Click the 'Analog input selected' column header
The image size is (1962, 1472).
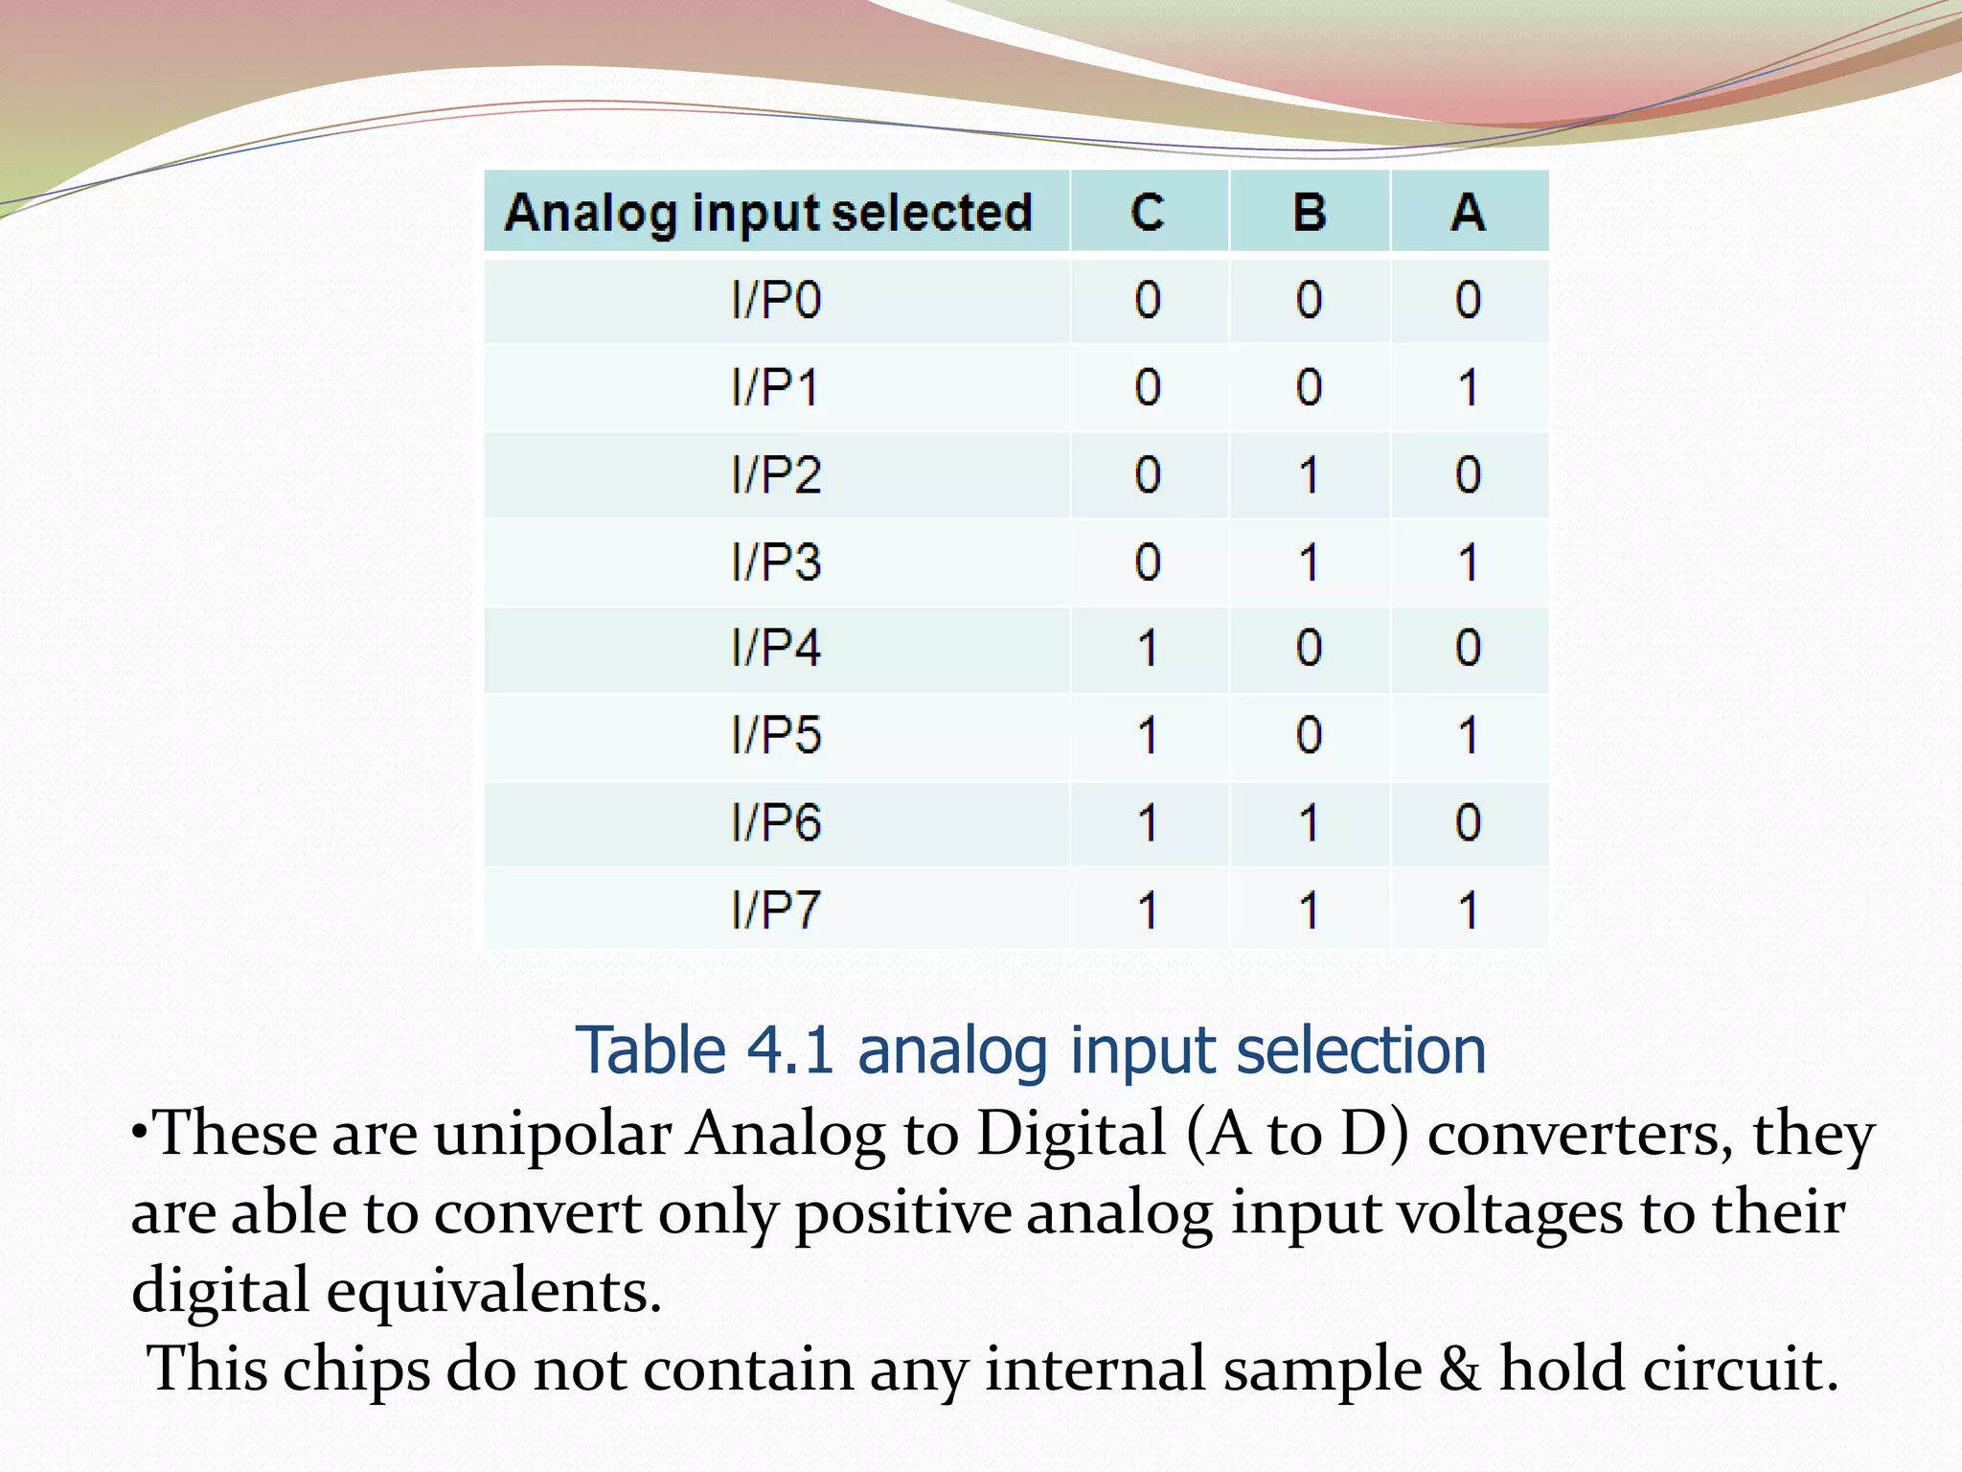(x=768, y=212)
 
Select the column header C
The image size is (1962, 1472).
(x=1148, y=212)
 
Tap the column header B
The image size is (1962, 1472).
(x=1310, y=212)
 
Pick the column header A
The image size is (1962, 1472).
(x=1468, y=212)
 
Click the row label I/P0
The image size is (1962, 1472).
(x=776, y=301)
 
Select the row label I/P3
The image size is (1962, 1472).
(x=776, y=563)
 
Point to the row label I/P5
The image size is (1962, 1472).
(x=776, y=736)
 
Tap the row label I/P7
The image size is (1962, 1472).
(x=776, y=910)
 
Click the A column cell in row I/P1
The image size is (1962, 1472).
(x=1468, y=388)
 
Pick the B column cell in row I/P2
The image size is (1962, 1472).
(x=1310, y=475)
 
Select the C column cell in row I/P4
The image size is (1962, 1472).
(x=1148, y=649)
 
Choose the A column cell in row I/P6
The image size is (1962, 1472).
(x=1468, y=823)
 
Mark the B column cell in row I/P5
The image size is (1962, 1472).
(x=1310, y=736)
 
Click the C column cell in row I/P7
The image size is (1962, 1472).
(x=1148, y=910)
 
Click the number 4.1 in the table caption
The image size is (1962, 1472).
(x=789, y=1051)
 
